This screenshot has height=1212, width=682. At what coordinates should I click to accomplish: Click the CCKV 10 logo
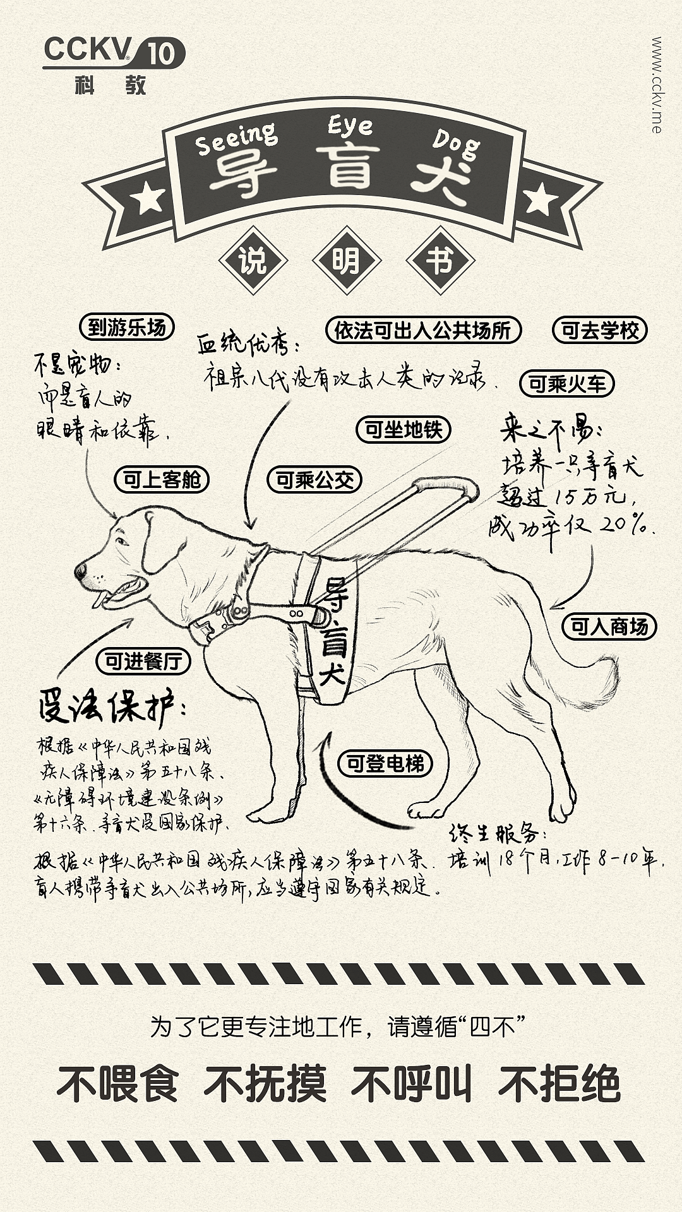113,63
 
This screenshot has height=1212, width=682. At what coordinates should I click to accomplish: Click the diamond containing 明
346,261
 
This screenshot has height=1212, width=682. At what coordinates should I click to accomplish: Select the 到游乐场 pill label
127,328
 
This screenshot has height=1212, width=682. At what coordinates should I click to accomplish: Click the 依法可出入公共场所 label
423,330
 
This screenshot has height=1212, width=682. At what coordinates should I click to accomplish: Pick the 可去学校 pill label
600,330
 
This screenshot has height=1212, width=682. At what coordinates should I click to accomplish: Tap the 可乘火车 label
566,383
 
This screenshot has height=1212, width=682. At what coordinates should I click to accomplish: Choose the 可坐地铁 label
404,430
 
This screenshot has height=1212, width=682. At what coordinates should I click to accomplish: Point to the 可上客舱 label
162,480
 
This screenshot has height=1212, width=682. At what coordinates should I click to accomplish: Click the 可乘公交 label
314,480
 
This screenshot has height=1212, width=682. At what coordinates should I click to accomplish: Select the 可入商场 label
609,626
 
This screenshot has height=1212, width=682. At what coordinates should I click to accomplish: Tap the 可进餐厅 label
143,661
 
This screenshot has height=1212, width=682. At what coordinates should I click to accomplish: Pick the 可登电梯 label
385,763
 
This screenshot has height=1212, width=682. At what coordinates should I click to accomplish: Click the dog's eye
122,541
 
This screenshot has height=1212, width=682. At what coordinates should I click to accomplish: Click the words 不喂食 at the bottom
118,1084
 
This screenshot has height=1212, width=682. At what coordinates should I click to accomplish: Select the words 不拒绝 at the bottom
559,1084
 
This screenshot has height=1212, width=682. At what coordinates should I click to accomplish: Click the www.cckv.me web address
657,85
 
